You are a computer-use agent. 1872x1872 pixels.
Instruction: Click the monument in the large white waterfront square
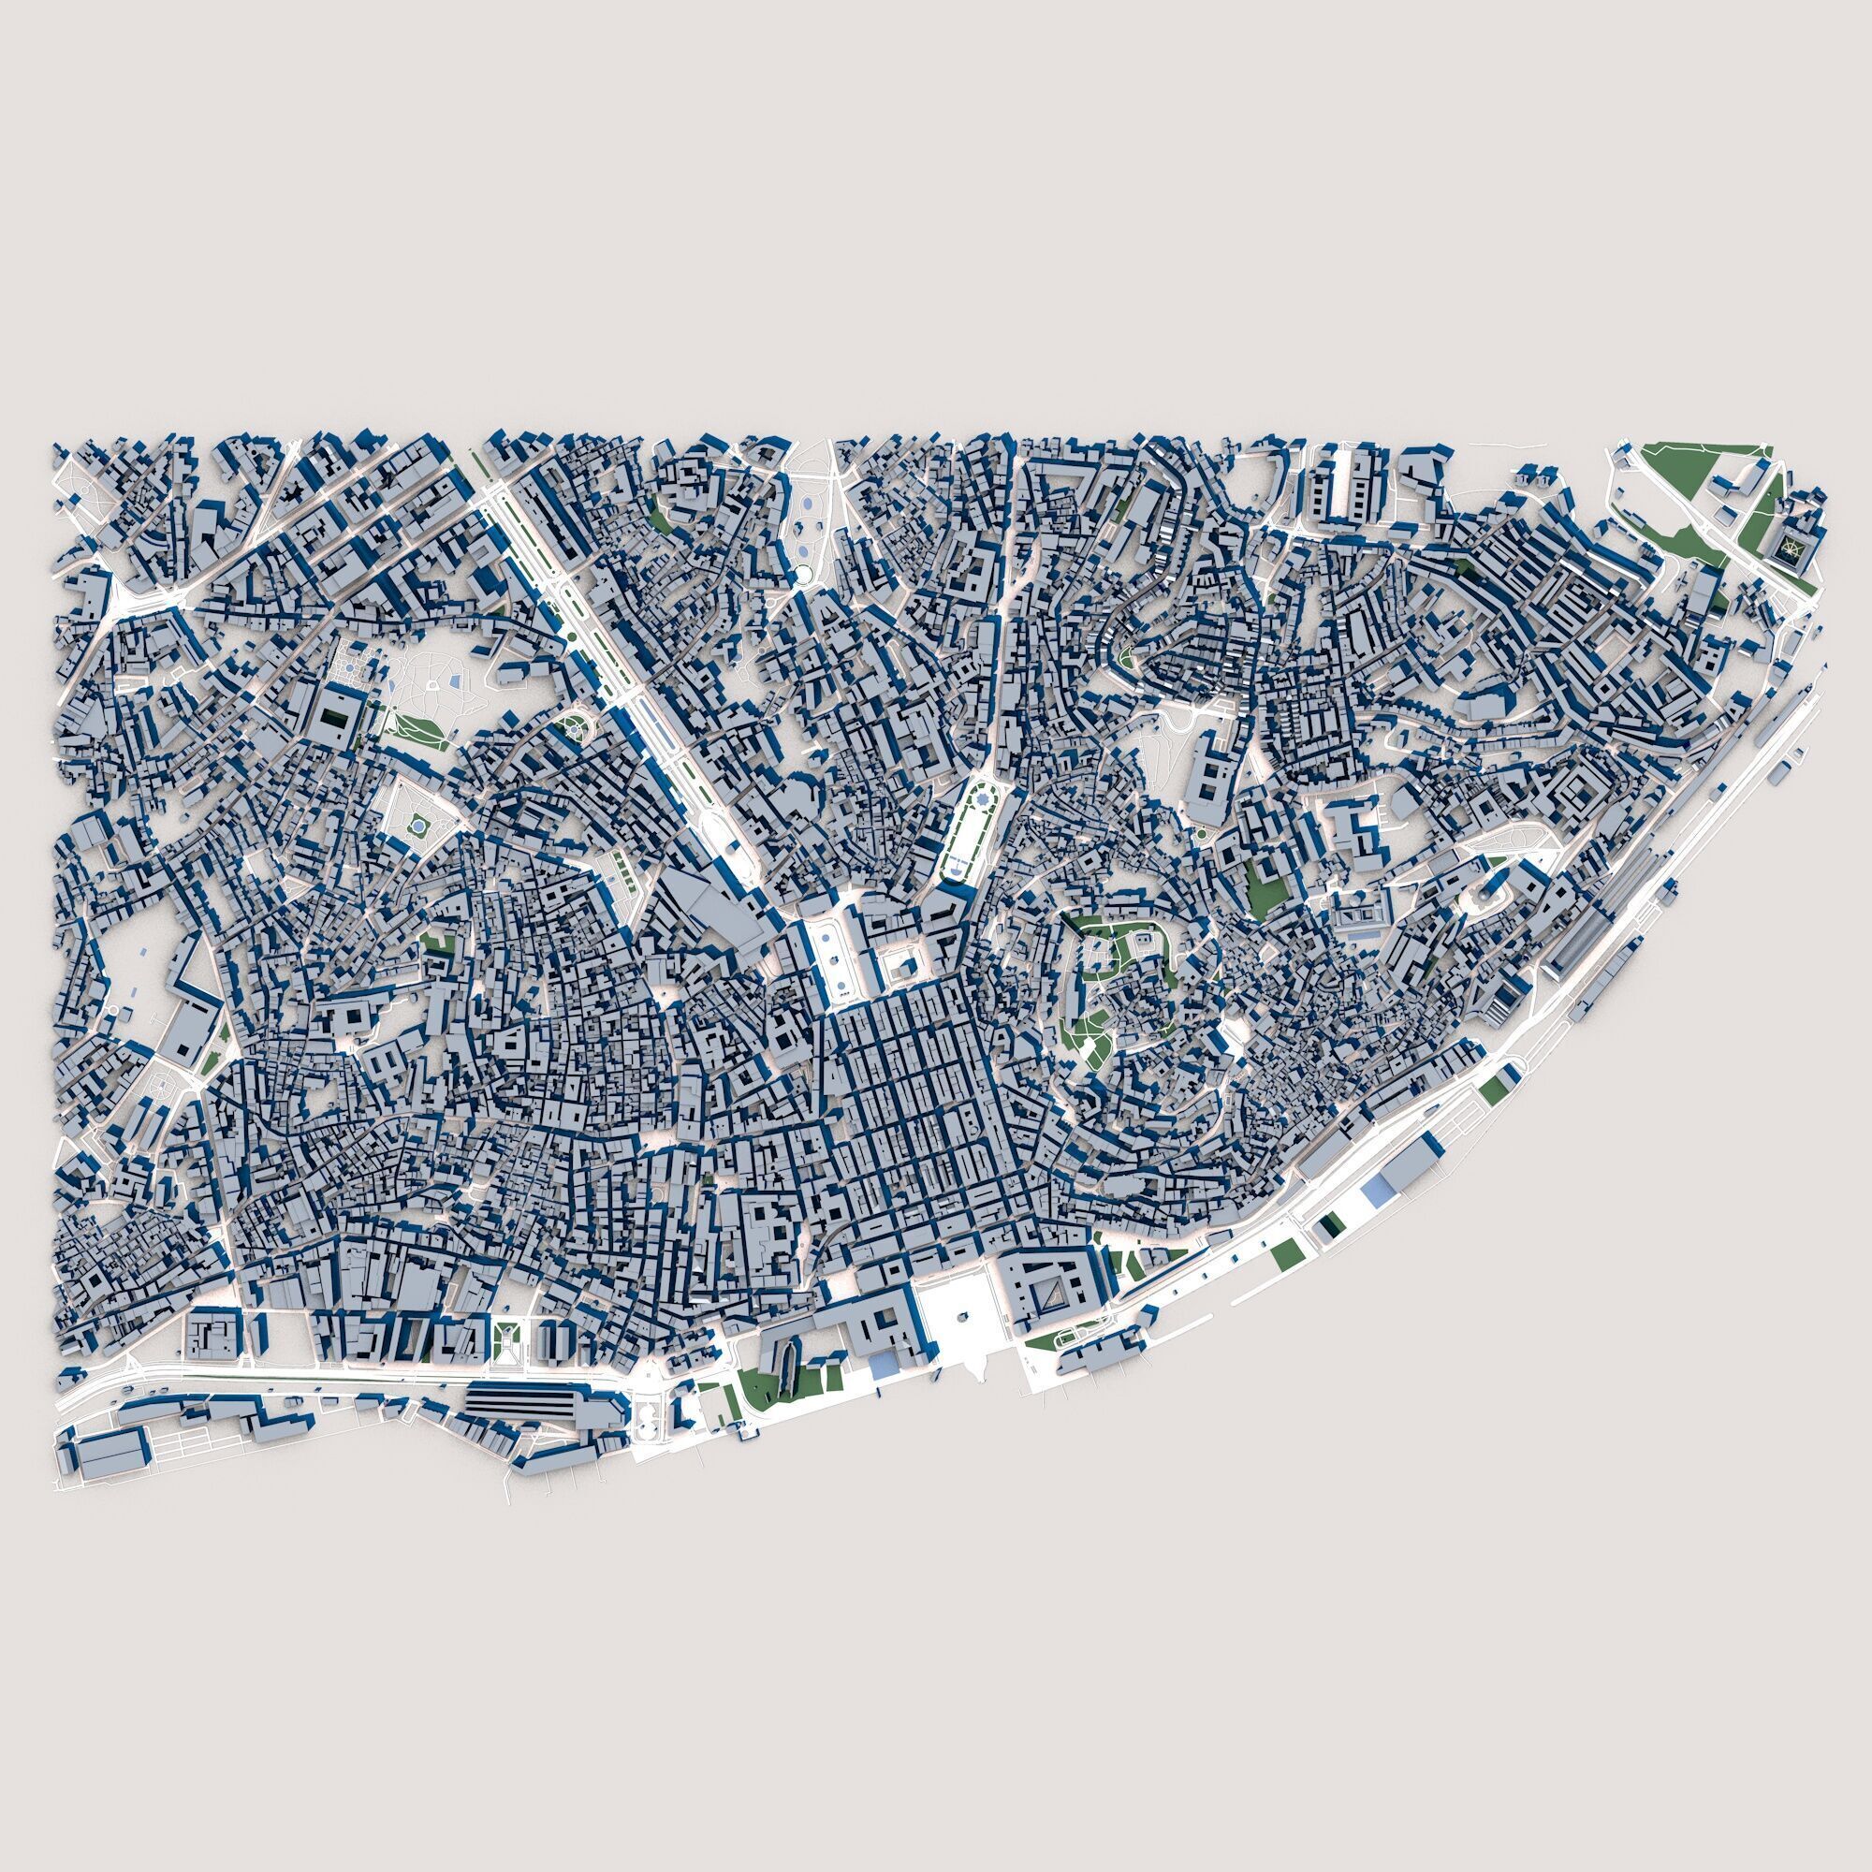(962, 1319)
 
